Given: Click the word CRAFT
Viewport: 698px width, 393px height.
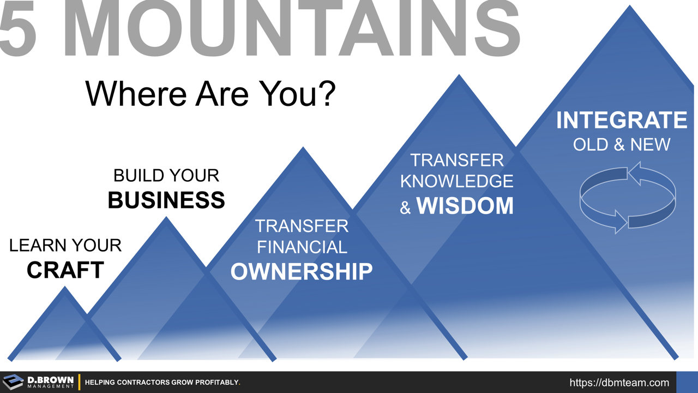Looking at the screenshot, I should pyautogui.click(x=65, y=270).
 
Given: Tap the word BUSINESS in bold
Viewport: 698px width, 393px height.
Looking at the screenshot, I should pyautogui.click(x=166, y=200).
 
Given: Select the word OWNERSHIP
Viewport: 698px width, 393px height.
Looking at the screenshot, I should pyautogui.click(x=302, y=271).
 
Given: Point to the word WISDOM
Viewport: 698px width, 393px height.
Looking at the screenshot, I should pyautogui.click(x=465, y=206).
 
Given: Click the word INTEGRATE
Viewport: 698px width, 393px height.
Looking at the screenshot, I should pyautogui.click(x=622, y=120).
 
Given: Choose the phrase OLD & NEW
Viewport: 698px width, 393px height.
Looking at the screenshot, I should pyautogui.click(x=622, y=145).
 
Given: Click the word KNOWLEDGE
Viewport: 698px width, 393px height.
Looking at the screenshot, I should pyautogui.click(x=457, y=181).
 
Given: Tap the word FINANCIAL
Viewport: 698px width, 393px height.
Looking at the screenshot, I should pyautogui.click(x=302, y=247).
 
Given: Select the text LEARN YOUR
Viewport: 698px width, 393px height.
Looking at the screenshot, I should pyautogui.click(x=65, y=246).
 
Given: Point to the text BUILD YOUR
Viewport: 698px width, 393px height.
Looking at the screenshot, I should pyautogui.click(x=166, y=175).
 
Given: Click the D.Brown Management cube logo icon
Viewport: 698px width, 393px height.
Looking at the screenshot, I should pyautogui.click(x=14, y=382).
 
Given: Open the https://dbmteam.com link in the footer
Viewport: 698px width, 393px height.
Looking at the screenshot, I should pyautogui.click(x=619, y=383).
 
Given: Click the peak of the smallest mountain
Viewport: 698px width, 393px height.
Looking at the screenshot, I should pyautogui.click(x=65, y=288).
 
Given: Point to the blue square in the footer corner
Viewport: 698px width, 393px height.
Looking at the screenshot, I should pyautogui.click(x=687, y=382).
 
